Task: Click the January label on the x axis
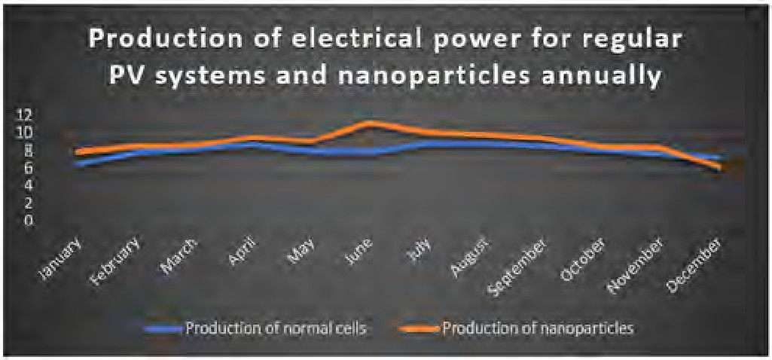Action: (61, 260)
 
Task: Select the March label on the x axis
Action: (179, 255)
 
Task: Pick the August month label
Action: (472, 257)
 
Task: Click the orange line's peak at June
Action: (371, 123)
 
